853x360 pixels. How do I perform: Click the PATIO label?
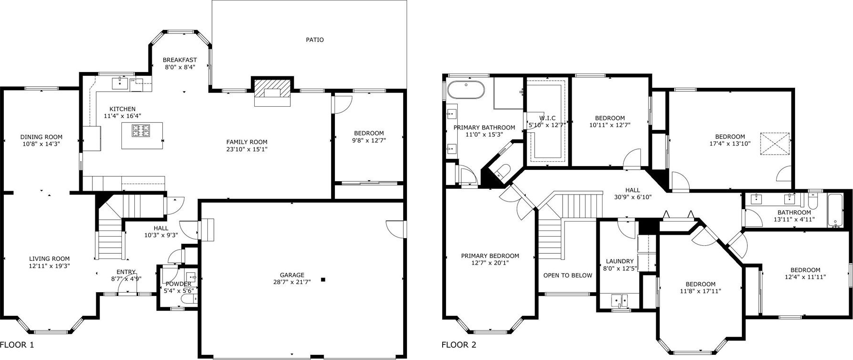click(315, 40)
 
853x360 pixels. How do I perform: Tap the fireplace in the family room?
click(272, 92)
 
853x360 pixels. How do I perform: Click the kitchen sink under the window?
click(120, 83)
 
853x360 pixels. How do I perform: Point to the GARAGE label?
click(292, 275)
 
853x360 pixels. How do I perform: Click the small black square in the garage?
click(323, 280)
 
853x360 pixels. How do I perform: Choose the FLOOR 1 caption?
click(17, 345)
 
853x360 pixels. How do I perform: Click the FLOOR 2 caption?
click(459, 345)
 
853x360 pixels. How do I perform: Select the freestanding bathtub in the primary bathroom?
click(466, 90)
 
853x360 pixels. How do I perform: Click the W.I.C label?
click(547, 118)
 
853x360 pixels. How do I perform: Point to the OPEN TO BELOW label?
click(568, 276)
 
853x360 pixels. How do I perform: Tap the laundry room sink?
click(620, 300)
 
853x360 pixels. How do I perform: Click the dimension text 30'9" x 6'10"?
click(633, 197)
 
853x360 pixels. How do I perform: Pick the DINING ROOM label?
click(41, 137)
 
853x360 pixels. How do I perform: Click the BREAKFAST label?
click(180, 60)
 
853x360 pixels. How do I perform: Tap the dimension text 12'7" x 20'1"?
click(490, 263)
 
